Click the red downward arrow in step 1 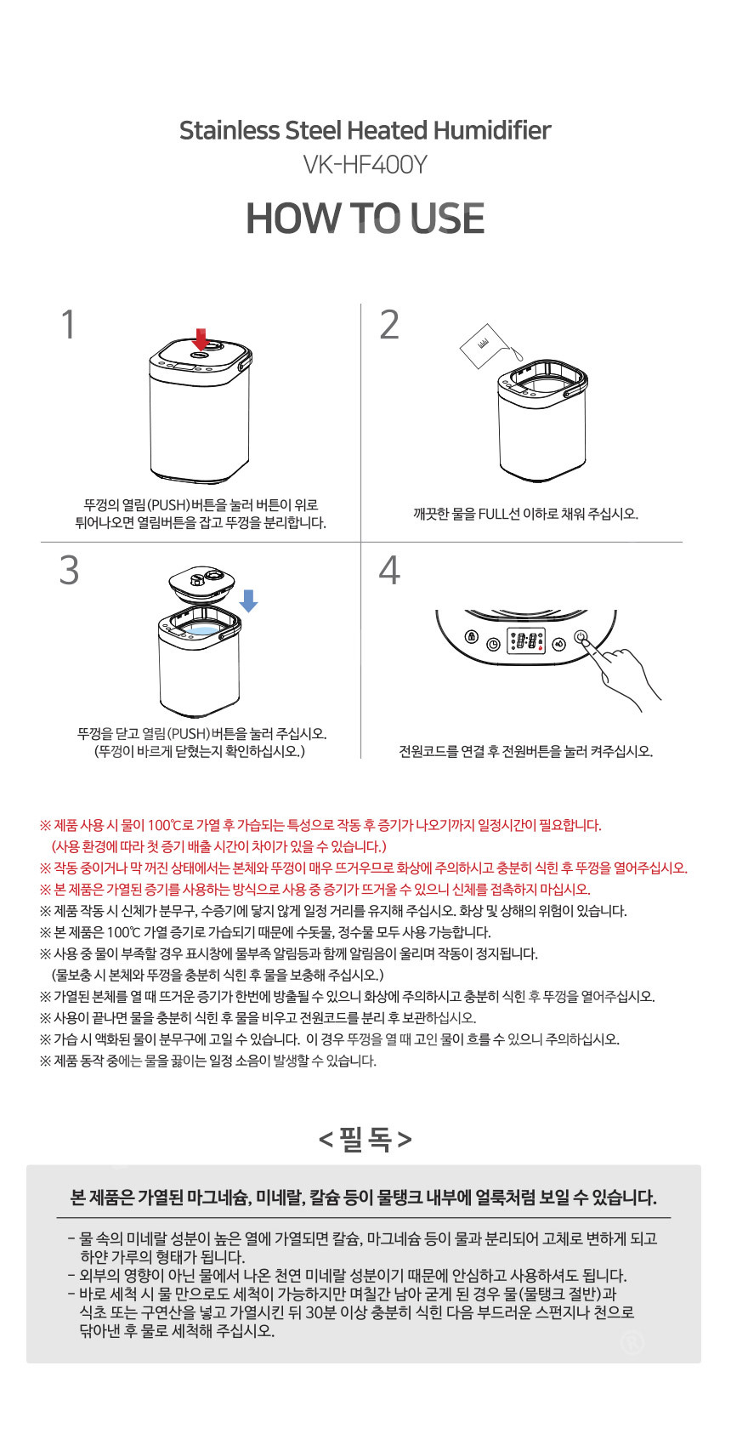[201, 339]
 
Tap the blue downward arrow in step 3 [248, 601]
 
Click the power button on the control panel [581, 637]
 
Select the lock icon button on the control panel [472, 638]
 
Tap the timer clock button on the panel [493, 644]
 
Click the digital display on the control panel [526, 640]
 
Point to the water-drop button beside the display [559, 643]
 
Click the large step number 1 [69, 324]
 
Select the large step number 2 [388, 324]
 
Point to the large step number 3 [69, 570]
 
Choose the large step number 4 [389, 570]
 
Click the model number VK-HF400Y [365, 165]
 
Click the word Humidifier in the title [492, 131]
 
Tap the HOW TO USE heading [365, 219]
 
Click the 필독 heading [365, 1140]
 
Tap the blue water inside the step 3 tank [201, 630]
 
